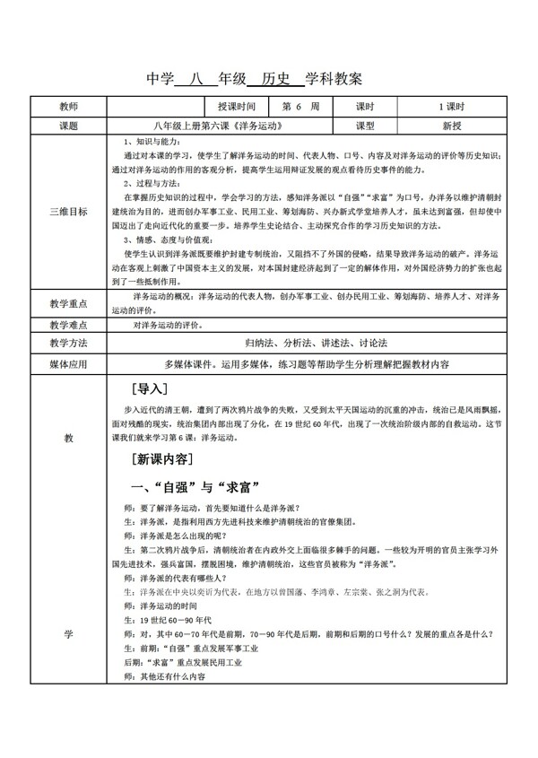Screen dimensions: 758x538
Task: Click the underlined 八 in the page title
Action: point(185,78)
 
